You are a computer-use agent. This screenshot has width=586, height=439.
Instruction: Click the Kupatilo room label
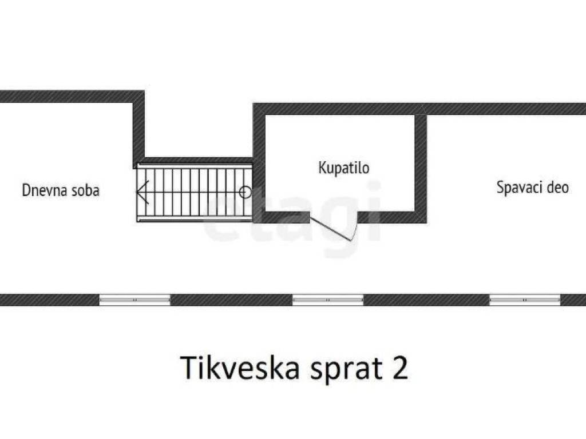click(x=344, y=168)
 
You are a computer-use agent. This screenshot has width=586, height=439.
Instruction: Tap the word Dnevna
click(x=41, y=190)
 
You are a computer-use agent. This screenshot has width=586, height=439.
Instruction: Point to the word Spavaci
click(x=519, y=187)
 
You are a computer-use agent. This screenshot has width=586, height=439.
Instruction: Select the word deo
click(x=557, y=187)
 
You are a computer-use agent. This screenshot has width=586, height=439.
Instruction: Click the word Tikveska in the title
click(x=240, y=368)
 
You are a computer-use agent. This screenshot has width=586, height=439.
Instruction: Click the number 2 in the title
click(x=399, y=368)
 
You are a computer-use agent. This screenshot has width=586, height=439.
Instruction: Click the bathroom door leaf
click(x=331, y=229)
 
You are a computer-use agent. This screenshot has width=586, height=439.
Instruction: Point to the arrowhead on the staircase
click(x=142, y=192)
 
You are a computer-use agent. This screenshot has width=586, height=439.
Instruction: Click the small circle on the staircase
click(x=245, y=192)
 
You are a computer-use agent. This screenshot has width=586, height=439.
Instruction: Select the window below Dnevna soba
click(x=135, y=300)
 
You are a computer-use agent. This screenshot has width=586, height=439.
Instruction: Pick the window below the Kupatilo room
click(x=328, y=300)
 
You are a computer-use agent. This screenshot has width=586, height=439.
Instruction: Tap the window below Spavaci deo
click(x=525, y=300)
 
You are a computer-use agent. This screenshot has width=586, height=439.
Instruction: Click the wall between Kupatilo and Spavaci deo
click(x=421, y=168)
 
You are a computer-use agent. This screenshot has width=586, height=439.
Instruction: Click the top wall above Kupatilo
click(x=340, y=109)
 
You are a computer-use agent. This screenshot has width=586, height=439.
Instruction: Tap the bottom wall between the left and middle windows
click(x=231, y=300)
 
